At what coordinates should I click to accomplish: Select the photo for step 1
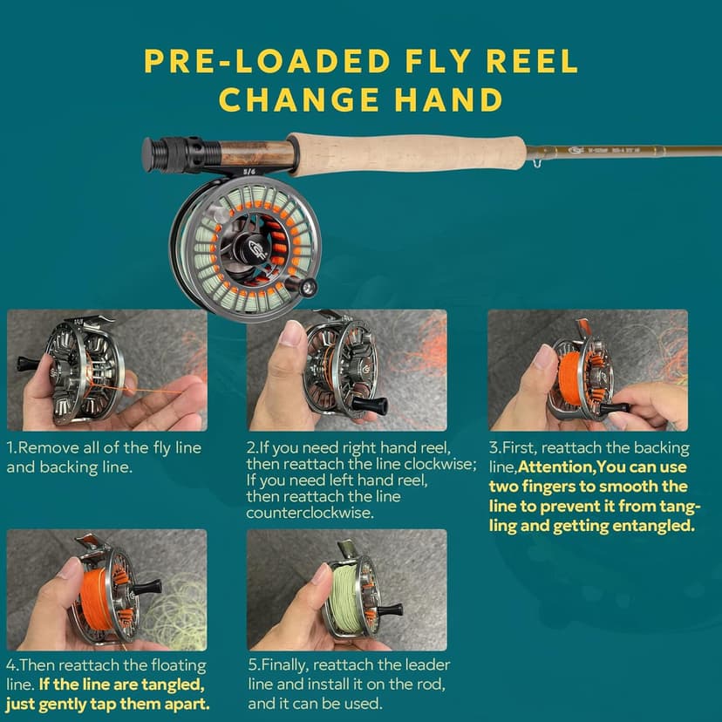tap(106, 370)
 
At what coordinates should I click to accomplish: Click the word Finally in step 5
tap(289, 665)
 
